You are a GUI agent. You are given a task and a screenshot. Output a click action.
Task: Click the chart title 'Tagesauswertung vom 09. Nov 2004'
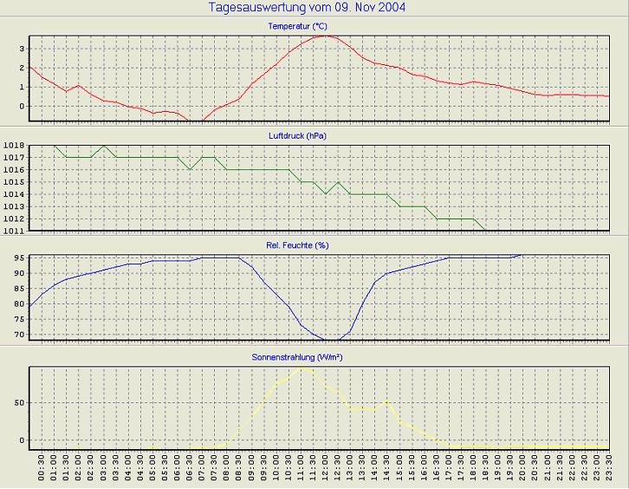click(308, 8)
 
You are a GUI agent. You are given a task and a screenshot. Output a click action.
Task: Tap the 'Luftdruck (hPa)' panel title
click(297, 136)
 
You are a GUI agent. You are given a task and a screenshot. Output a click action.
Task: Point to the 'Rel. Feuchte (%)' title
click(297, 245)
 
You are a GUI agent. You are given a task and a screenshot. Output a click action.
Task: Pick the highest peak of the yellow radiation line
click(302, 367)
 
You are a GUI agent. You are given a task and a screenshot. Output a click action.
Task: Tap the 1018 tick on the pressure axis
click(14, 146)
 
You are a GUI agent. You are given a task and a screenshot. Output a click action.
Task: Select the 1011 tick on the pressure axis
click(14, 231)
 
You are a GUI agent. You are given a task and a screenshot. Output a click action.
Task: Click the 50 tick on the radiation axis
click(18, 404)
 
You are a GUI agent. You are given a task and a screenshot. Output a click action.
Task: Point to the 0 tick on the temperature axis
click(21, 107)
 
